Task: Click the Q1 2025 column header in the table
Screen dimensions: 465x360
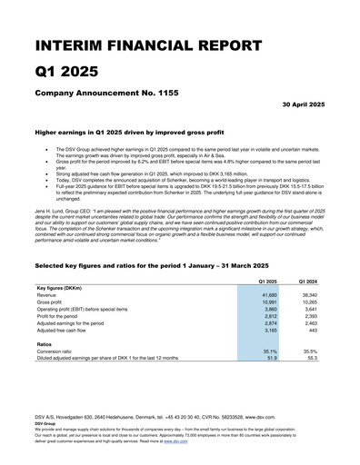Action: click(x=267, y=282)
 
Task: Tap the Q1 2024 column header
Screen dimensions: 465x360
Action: click(x=309, y=282)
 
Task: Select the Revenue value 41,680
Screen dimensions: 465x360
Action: click(x=269, y=296)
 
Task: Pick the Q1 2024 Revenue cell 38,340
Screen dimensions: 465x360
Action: click(x=310, y=296)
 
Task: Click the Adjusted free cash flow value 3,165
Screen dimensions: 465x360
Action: click(x=271, y=332)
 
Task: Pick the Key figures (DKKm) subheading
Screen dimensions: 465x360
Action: click(x=60, y=289)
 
